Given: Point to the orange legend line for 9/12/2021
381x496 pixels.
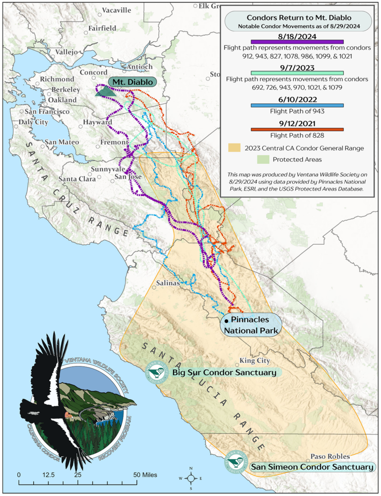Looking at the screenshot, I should (298, 130).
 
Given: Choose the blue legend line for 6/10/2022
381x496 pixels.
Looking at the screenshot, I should (298, 105).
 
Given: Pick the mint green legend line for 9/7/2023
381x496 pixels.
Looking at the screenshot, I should (298, 73).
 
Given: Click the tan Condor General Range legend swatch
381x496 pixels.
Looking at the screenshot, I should (235, 148).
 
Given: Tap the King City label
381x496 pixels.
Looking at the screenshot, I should (254, 360).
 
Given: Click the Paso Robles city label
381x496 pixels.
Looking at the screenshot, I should (330, 456).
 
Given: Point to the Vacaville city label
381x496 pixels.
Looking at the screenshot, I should (117, 10).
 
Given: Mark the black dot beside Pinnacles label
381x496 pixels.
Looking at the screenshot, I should (226, 321).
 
